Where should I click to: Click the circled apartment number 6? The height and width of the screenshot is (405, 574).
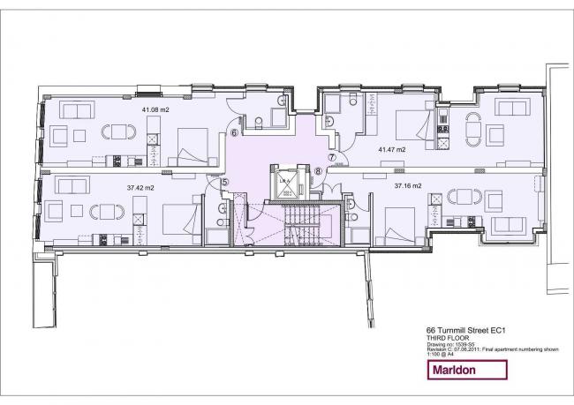(x=234, y=133)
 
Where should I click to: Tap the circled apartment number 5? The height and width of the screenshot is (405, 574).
(x=224, y=183)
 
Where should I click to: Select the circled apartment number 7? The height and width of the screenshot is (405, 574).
(x=333, y=158)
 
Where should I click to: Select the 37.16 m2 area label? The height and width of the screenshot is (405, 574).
(x=409, y=185)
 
